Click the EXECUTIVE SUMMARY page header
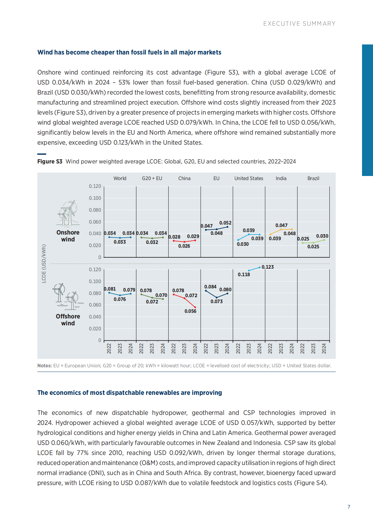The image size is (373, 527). [299, 24]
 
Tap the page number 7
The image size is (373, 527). [349, 507]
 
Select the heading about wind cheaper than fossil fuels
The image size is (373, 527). [129, 52]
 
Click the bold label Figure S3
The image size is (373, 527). [50, 162]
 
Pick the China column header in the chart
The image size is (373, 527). [184, 178]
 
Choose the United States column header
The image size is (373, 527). [249, 178]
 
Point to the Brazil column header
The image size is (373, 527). [313, 178]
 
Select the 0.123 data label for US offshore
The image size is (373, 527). [268, 267]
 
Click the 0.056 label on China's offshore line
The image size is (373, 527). [190, 311]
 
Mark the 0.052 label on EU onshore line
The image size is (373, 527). [225, 223]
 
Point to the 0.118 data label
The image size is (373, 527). [244, 275]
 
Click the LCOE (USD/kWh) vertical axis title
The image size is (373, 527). [44, 264]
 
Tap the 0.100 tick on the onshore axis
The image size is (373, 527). [95, 198]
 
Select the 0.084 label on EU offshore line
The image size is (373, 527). [210, 287]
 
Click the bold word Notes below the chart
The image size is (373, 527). [44, 366]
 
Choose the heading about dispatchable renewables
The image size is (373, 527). [129, 393]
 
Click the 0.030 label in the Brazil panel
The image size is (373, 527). [322, 236]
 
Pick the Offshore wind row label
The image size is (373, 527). [68, 320]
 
